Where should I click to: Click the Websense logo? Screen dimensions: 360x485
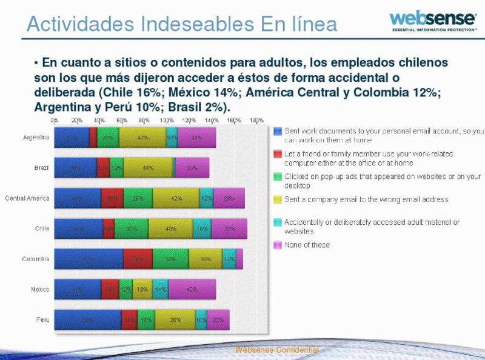(432, 19)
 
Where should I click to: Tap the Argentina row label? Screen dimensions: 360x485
(36, 137)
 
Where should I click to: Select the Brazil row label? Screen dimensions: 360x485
(42, 167)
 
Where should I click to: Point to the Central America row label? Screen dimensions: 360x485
(27, 198)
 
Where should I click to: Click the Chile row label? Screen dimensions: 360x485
(42, 228)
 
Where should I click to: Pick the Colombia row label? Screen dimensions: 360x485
(36, 259)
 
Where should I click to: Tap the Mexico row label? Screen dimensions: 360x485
(40, 289)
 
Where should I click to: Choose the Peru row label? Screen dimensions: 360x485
(43, 319)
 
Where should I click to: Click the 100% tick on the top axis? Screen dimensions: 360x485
(166, 121)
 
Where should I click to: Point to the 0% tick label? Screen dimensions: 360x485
(55, 121)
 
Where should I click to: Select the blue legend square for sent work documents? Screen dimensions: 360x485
(278, 131)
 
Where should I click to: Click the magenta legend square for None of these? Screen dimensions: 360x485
(278, 245)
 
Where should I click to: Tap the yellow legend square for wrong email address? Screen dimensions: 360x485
(278, 199)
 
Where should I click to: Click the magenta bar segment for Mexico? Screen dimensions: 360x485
(192, 289)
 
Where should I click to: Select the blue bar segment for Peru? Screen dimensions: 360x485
(88, 319)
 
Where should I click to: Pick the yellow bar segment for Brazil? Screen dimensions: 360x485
(148, 167)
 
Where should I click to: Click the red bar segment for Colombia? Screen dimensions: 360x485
(138, 259)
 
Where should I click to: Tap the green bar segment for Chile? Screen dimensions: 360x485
(131, 228)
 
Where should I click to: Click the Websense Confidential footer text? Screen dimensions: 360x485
(276, 350)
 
